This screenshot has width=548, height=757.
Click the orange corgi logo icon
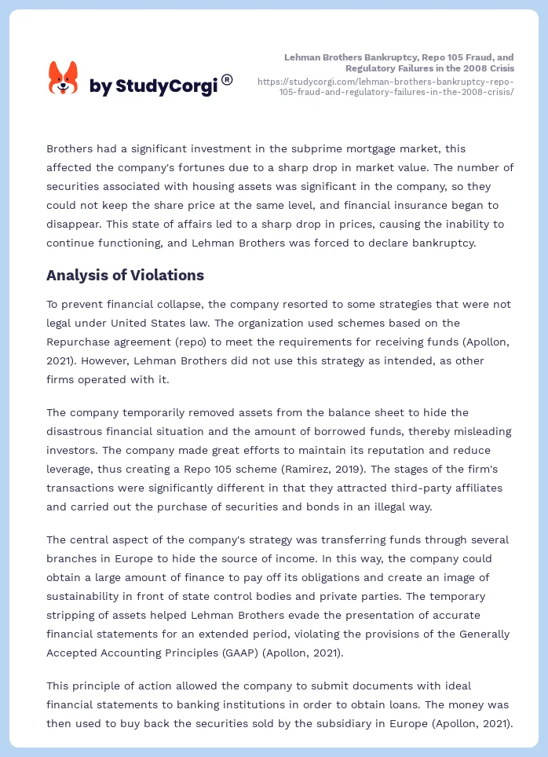(x=63, y=79)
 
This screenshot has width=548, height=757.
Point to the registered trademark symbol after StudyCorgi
(x=227, y=79)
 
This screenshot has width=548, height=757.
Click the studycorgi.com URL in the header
(x=385, y=86)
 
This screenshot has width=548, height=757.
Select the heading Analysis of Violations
(x=125, y=275)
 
